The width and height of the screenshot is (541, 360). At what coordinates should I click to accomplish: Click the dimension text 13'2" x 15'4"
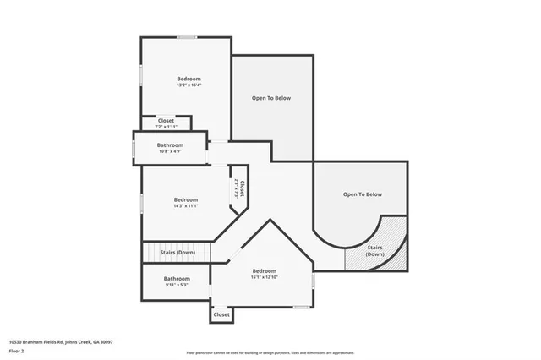coord(188,85)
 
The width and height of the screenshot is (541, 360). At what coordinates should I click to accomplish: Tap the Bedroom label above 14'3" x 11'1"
coord(185,199)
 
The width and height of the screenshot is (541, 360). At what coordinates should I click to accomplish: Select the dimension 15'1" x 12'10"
coord(264,277)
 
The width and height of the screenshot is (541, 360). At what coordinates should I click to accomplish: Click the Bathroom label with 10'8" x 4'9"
coord(171,145)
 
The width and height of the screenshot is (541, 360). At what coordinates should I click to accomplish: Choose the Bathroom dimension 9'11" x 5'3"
coord(176,285)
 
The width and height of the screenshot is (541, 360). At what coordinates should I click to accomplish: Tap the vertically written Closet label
coord(241,188)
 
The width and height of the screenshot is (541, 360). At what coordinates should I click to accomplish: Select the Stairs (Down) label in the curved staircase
coord(374,251)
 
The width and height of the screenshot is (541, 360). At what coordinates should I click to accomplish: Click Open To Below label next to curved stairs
coord(362,194)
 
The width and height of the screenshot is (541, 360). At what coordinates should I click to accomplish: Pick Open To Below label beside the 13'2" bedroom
coord(270,98)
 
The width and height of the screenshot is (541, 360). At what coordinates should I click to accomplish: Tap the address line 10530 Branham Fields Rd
coord(60,341)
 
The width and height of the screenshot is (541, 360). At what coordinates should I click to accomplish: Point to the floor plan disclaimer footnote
coord(270,352)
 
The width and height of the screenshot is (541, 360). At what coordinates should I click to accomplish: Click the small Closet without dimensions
coord(221,314)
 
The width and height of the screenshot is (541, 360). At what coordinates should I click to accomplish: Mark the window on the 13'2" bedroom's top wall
coord(187,36)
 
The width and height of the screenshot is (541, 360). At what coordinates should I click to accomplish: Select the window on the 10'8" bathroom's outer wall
coord(133,149)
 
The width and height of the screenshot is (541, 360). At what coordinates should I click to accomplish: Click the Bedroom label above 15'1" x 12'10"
coord(264,270)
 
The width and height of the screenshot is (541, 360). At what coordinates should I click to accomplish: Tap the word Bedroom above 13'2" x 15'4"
coord(188,78)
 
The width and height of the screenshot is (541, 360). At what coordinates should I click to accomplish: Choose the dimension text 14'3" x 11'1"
coord(185,206)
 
